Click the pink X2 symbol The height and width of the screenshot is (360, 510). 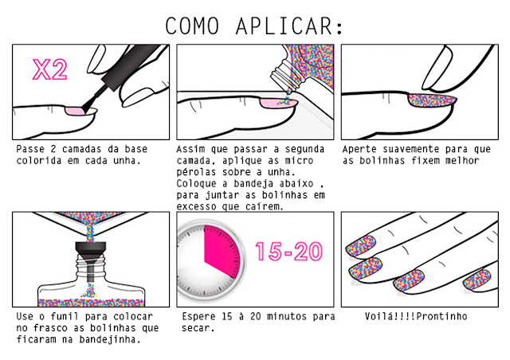coord(49,69)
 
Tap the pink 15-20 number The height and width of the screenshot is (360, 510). coord(288,252)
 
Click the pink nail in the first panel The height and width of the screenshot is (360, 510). coord(75,112)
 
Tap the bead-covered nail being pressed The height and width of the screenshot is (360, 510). coord(432,100)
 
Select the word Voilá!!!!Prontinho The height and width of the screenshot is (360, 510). coord(416,316)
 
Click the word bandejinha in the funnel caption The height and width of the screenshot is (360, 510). coord(110,339)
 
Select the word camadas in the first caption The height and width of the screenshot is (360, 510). coord(81,149)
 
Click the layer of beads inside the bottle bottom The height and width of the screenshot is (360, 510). coord(91,303)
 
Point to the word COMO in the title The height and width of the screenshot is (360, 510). coord(192,25)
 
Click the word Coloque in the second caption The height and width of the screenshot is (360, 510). coord(196,183)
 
